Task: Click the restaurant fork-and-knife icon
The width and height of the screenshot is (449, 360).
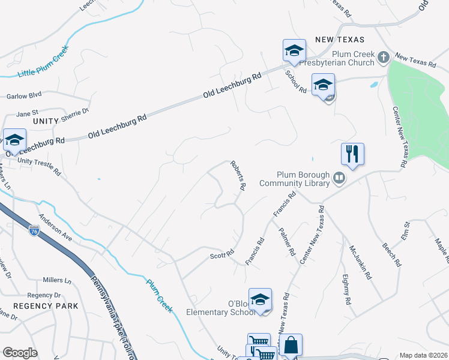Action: pyautogui.click(x=352, y=154)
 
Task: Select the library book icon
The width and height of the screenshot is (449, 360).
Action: pyautogui.click(x=339, y=178)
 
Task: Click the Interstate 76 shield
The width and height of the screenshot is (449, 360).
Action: pyautogui.click(x=35, y=230)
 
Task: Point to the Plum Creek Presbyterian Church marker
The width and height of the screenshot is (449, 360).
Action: pyautogui.click(x=383, y=57)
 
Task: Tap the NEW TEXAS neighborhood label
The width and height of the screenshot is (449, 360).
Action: pyautogui.click(x=340, y=40)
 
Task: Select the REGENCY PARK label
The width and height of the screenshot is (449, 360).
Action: pyautogui.click(x=46, y=306)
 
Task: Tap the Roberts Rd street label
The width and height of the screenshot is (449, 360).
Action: pyautogui.click(x=238, y=175)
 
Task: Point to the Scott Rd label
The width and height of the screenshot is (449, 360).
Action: pyautogui.click(x=221, y=256)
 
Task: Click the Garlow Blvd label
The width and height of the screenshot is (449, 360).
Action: pyautogui.click(x=24, y=95)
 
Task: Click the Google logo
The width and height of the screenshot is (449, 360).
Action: pyautogui.click(x=20, y=353)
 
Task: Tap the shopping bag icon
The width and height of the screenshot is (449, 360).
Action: pyautogui.click(x=291, y=346)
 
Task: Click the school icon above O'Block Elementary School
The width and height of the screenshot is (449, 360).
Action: pyautogui.click(x=260, y=299)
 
